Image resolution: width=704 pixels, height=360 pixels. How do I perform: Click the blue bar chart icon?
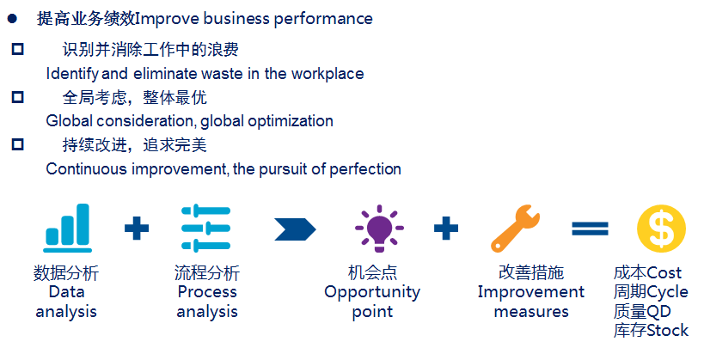click(x=67, y=228)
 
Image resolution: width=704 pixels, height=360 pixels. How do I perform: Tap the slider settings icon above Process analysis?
click(x=205, y=228)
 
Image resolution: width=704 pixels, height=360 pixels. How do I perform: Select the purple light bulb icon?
click(x=379, y=228)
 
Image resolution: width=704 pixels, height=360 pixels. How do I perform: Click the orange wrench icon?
click(x=516, y=228)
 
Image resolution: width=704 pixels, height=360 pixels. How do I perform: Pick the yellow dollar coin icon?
click(x=661, y=229)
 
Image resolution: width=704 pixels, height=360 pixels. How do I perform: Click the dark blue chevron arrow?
click(x=295, y=229)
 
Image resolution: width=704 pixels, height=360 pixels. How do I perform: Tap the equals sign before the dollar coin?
click(x=590, y=229)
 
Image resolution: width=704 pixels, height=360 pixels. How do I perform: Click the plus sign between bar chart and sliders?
click(x=137, y=228)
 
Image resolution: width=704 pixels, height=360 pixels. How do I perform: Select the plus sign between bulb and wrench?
click(x=446, y=228)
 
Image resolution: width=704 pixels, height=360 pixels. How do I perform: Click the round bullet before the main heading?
click(x=13, y=19)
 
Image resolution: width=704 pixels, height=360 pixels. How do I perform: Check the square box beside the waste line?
click(x=17, y=49)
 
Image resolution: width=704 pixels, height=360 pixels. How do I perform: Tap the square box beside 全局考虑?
click(x=17, y=97)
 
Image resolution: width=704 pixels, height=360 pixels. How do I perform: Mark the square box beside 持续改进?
click(x=17, y=144)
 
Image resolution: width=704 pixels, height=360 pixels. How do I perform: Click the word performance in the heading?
click(x=323, y=20)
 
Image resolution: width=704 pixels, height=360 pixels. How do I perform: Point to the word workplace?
click(x=328, y=74)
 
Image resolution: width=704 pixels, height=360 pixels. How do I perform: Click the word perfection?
click(x=365, y=169)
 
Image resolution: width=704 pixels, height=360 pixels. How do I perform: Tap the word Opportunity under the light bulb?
click(x=372, y=293)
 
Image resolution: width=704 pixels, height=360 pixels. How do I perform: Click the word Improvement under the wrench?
click(x=531, y=293)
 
